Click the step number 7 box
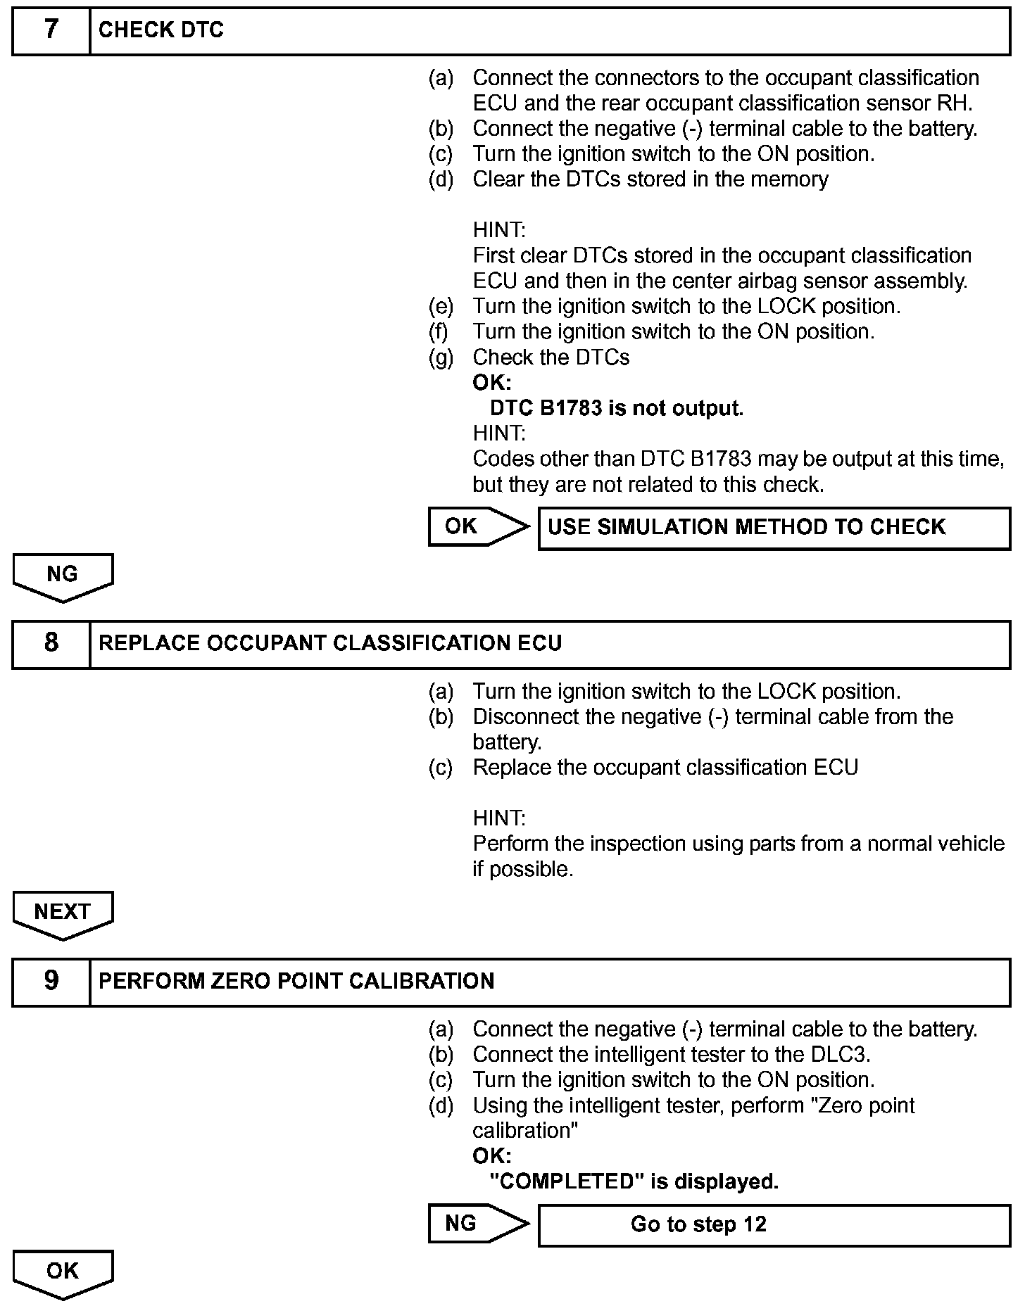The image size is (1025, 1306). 51,30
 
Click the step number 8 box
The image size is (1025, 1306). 51,643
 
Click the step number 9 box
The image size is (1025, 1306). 51,981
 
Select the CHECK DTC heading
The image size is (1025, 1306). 161,30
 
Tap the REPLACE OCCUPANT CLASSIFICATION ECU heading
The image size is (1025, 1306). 330,643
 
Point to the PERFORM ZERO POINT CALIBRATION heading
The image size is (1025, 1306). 296,981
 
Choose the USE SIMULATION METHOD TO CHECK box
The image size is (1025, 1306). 774,528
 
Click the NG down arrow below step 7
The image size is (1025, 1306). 63,576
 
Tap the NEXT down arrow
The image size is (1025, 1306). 63,914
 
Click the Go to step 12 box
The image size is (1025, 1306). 774,1225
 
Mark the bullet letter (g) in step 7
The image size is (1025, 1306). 441,357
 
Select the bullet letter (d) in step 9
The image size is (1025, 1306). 441,1105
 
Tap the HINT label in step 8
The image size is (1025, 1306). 498,818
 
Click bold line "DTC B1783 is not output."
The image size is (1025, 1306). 617,408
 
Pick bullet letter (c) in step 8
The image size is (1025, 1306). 441,768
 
